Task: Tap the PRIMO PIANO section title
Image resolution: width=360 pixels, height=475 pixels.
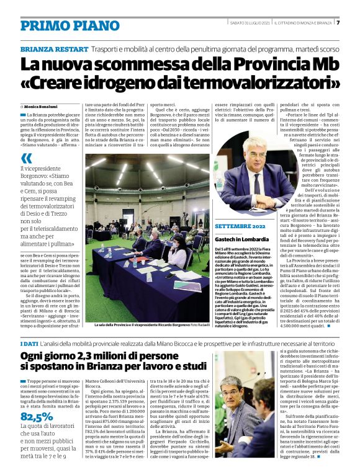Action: tap(61, 25)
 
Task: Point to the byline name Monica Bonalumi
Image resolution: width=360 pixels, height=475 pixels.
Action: tap(41, 107)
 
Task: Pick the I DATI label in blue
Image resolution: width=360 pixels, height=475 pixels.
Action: tap(29, 344)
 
